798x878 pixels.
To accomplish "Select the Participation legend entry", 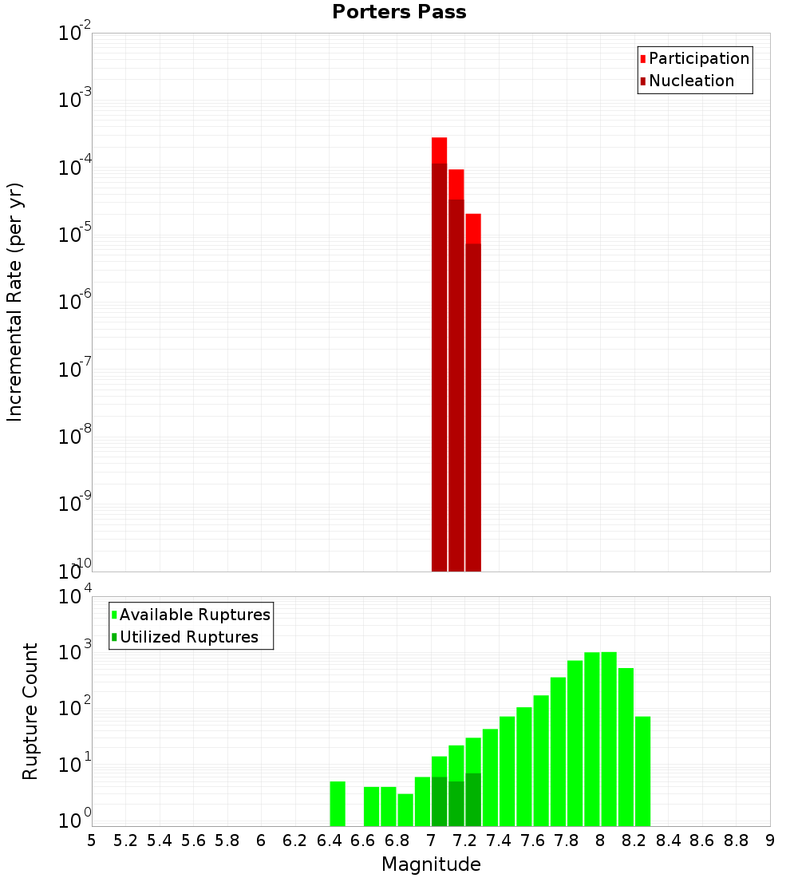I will pos(698,58).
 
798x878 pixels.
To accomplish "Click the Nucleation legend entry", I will pos(690,81).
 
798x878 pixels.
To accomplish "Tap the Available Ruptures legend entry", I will pos(194,615).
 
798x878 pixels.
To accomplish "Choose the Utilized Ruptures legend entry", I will pos(188,637).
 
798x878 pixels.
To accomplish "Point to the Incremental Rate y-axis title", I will pos(14,303).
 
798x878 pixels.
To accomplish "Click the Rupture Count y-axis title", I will pos(30,711).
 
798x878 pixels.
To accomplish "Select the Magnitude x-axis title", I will pos(431,864).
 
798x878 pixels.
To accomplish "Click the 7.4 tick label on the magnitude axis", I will pos(499,840).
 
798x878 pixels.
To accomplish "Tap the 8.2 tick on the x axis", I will pos(634,840).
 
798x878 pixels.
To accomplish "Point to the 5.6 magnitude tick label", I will pos(193,840).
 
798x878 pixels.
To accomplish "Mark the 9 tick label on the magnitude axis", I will pos(770,840).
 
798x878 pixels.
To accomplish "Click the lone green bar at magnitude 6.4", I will pos(338,804).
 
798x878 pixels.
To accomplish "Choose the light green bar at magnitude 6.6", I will pos(371,806).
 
